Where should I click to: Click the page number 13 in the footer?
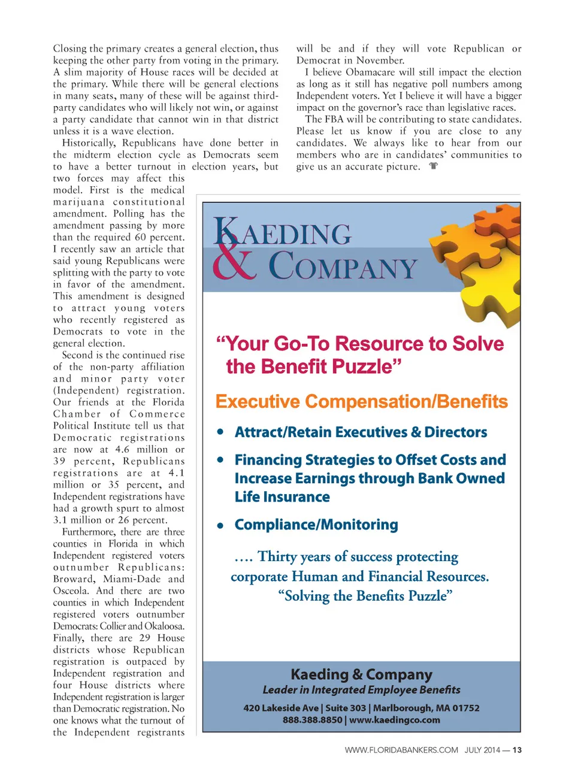pyautogui.click(x=517, y=750)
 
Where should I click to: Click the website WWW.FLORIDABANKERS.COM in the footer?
pyautogui.click(x=401, y=750)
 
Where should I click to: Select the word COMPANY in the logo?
pyautogui.click(x=342, y=266)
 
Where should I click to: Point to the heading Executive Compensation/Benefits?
pyautogui.click(x=361, y=401)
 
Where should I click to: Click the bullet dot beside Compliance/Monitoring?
pyautogui.click(x=221, y=526)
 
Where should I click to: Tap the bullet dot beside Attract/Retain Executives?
pyautogui.click(x=221, y=432)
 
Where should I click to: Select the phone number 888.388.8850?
pyautogui.click(x=312, y=720)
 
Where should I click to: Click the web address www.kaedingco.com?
pyautogui.click(x=395, y=720)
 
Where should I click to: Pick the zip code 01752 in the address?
pyautogui.click(x=466, y=708)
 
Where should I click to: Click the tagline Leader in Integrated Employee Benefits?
pyautogui.click(x=361, y=690)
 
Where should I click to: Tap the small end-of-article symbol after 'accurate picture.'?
pyautogui.click(x=434, y=166)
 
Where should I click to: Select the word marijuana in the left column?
pyautogui.click(x=78, y=202)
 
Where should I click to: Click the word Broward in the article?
pyautogui.click(x=74, y=579)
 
